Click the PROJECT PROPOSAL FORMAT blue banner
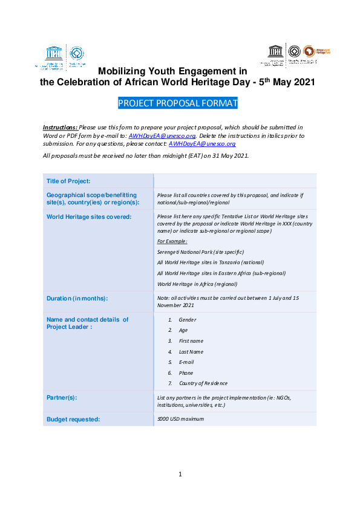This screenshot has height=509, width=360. (x=178, y=103)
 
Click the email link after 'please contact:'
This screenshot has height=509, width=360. (x=202, y=144)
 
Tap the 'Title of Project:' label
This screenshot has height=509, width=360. (x=68, y=181)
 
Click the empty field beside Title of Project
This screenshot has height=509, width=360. (x=235, y=181)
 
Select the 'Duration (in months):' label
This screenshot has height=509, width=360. (x=77, y=299)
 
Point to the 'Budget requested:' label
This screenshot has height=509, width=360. (x=73, y=419)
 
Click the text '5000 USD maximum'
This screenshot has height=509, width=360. (x=180, y=419)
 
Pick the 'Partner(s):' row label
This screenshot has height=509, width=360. (x=62, y=398)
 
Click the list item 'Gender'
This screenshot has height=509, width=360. (x=188, y=320)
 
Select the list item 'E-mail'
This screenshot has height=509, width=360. (x=187, y=362)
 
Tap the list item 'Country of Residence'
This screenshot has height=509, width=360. (x=203, y=383)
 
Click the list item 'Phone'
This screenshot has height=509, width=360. (x=186, y=373)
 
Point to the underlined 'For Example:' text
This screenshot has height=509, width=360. (x=172, y=241)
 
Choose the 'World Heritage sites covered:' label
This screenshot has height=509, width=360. (x=89, y=216)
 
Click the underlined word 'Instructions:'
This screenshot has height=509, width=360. (x=60, y=128)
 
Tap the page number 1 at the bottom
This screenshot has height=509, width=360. (x=180, y=474)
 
